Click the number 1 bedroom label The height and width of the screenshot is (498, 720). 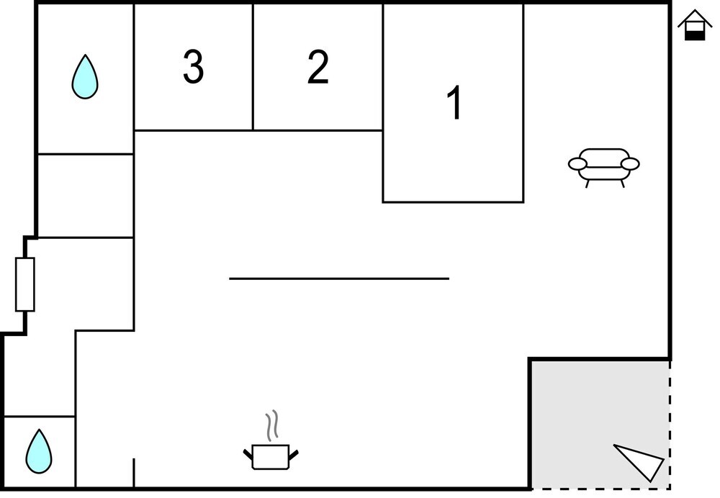[x=454, y=102]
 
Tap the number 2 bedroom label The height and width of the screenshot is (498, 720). [x=318, y=67]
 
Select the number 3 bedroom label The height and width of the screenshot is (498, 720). [x=193, y=67]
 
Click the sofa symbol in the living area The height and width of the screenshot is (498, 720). [x=604, y=168]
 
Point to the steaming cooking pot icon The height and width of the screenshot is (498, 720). [x=271, y=440]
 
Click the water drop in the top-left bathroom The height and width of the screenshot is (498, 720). [x=85, y=77]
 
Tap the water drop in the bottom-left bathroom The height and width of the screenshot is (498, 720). [x=39, y=451]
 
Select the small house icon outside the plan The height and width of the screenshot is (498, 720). [x=695, y=24]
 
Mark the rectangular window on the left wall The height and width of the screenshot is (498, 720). [x=24, y=284]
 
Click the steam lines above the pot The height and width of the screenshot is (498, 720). [x=272, y=425]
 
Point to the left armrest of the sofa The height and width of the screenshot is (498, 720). [x=577, y=164]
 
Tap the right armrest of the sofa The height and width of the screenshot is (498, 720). [x=630, y=164]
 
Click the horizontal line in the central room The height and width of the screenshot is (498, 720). [x=339, y=279]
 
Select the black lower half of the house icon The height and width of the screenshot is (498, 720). [x=695, y=35]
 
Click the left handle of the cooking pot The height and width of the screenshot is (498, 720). [x=248, y=454]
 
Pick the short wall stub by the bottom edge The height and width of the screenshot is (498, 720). [x=134, y=472]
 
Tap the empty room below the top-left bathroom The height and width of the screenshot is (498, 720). [x=86, y=196]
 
